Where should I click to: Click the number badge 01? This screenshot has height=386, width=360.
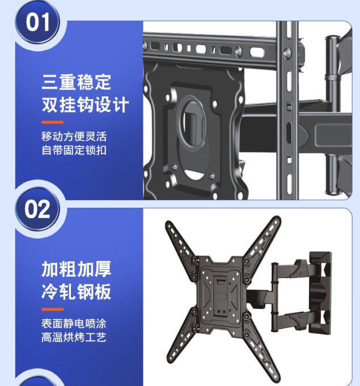(x=37, y=23)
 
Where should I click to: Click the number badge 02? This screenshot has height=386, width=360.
(x=37, y=209)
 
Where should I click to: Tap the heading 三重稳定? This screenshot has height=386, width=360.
(x=77, y=82)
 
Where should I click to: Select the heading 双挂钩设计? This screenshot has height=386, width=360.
(x=85, y=105)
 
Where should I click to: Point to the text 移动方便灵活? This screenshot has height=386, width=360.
(x=74, y=137)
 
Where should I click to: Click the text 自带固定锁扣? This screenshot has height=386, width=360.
(x=74, y=150)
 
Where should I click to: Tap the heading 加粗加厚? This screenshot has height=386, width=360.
(x=77, y=269)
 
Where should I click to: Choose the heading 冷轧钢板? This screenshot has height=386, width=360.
(x=77, y=292)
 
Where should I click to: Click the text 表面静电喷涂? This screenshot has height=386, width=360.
(x=74, y=324)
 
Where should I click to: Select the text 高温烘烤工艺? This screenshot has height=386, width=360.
(x=74, y=337)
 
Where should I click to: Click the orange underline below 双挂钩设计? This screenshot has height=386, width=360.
(x=53, y=122)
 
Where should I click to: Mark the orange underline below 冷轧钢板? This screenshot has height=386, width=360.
(x=53, y=309)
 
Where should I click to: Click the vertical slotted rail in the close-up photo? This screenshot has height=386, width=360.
(x=287, y=111)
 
